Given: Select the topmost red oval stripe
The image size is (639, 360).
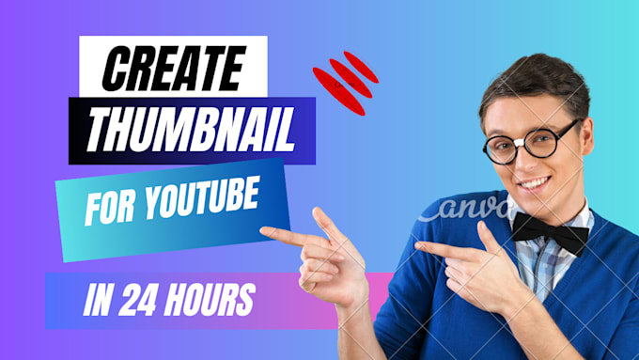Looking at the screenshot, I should click(362, 66).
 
